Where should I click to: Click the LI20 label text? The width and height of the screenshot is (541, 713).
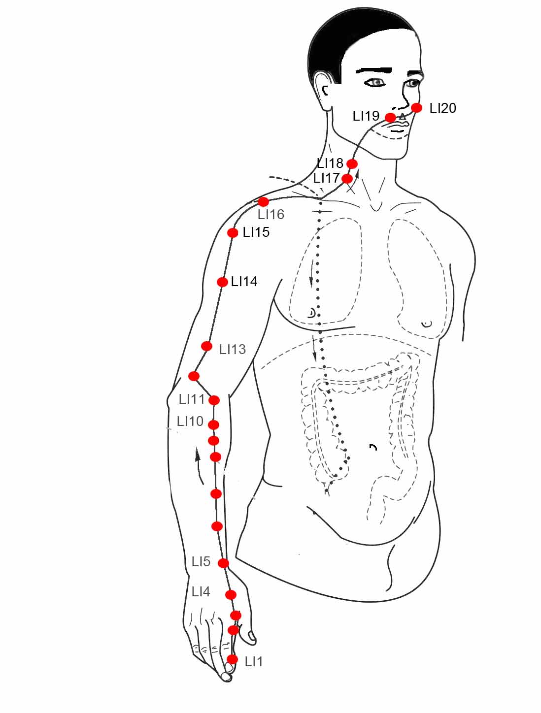442,108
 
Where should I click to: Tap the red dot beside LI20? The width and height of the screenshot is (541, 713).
416,107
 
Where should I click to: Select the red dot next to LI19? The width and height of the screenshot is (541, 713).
391,118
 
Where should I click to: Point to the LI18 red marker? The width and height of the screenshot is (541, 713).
352,163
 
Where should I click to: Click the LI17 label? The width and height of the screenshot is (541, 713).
326,178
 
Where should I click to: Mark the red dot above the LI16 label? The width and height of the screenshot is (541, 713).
263,202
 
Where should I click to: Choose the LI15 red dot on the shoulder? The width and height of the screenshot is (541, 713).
233,233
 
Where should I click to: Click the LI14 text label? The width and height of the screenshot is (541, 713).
244,282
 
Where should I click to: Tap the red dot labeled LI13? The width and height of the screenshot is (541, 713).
206,346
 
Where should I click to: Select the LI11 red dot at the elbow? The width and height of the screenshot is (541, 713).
214,400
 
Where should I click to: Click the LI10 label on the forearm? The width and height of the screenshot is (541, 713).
190,421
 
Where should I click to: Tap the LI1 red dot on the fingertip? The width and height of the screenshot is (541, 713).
232,659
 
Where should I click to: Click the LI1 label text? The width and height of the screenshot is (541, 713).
253,662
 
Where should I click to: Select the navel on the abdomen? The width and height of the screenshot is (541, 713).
373,447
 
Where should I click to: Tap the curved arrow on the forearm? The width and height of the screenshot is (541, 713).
199,466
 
